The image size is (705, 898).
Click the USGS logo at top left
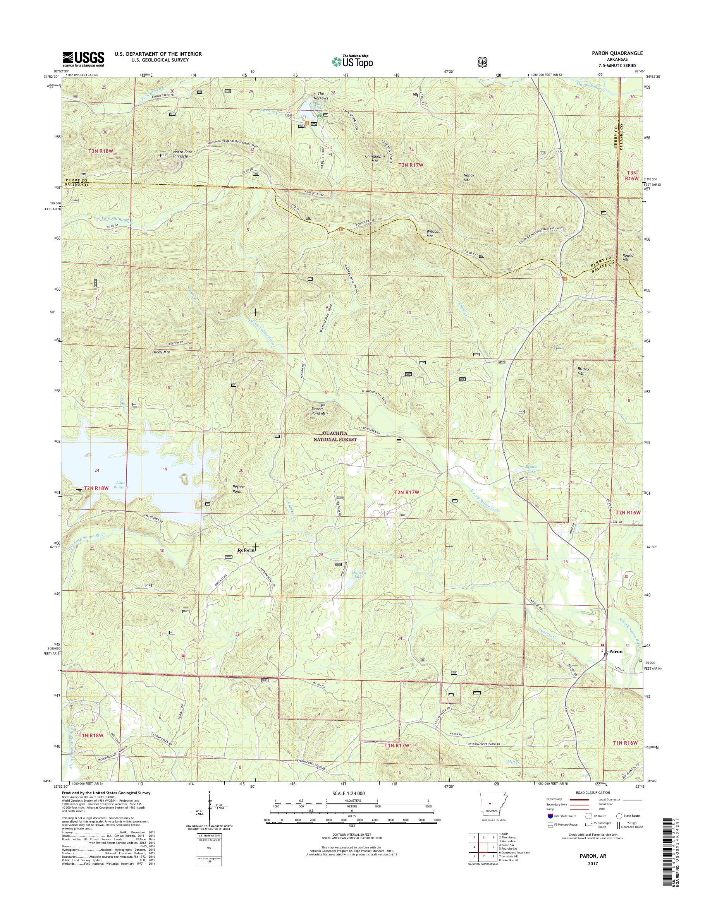point(83,59)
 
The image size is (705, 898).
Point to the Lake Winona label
point(121,485)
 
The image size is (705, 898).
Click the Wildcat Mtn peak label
point(433,233)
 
